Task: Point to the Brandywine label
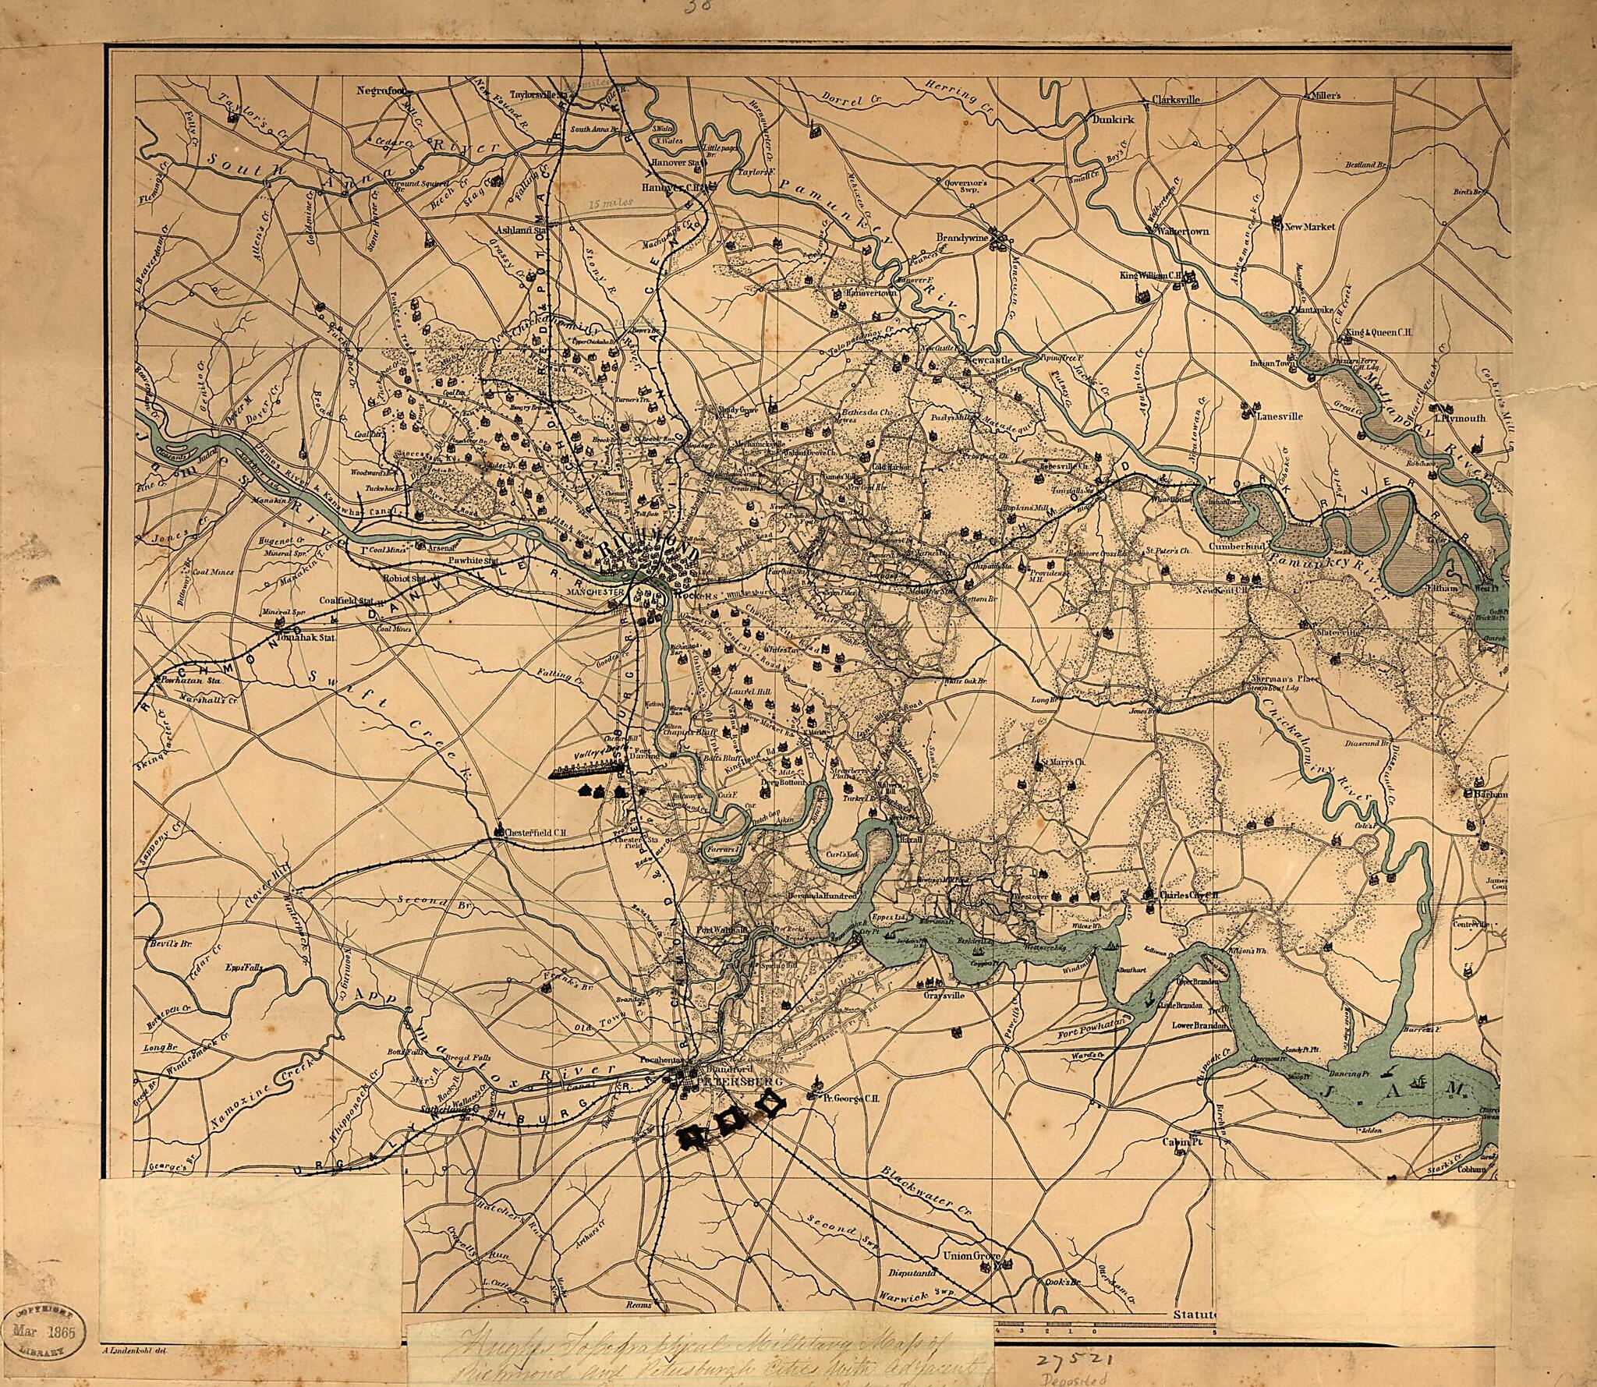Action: [x=962, y=237]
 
